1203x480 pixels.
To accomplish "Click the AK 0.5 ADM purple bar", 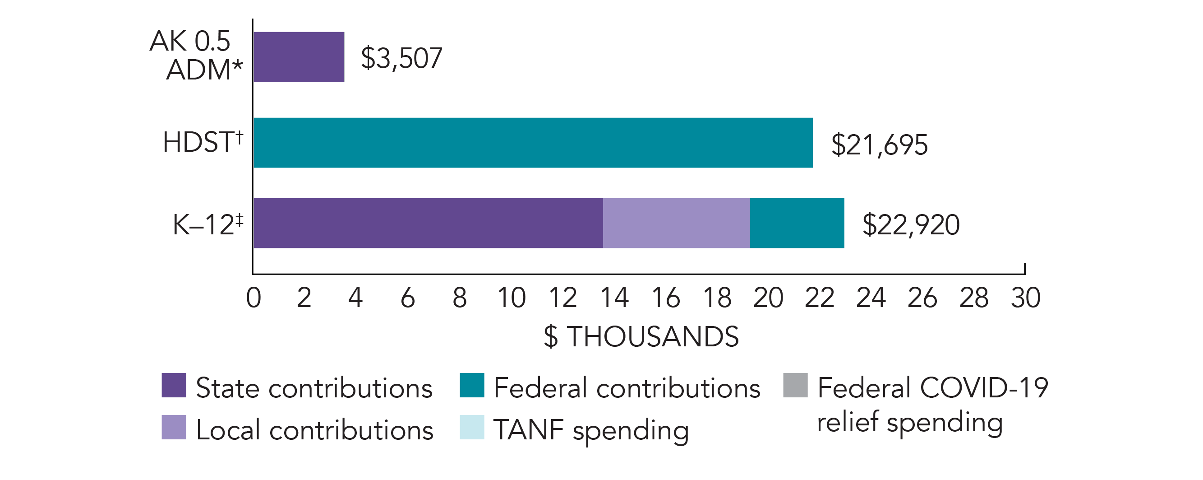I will click(299, 57).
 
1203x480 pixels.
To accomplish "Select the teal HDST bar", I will click(533, 143).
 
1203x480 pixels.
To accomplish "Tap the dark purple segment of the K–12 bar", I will click(428, 223).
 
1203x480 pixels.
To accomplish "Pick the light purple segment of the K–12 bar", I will click(676, 223).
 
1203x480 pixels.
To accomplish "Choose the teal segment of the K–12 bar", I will click(797, 223).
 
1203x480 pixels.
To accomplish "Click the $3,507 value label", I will click(401, 58).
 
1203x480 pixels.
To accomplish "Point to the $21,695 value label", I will click(879, 144).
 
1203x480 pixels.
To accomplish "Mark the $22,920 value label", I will click(911, 225).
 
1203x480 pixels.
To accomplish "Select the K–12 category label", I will click(208, 224).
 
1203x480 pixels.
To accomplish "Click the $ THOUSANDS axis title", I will click(641, 336).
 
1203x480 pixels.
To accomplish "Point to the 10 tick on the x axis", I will click(512, 298).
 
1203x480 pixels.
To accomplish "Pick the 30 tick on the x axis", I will click(1026, 298).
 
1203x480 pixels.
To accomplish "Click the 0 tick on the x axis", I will click(254, 298).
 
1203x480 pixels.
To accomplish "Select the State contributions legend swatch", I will click(174, 385).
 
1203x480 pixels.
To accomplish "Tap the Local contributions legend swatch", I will click(174, 427).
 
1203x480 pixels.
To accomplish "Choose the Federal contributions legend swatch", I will click(472, 385).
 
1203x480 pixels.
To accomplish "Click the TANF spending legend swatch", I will click(472, 427).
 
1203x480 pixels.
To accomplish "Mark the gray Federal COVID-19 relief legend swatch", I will click(795, 385).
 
